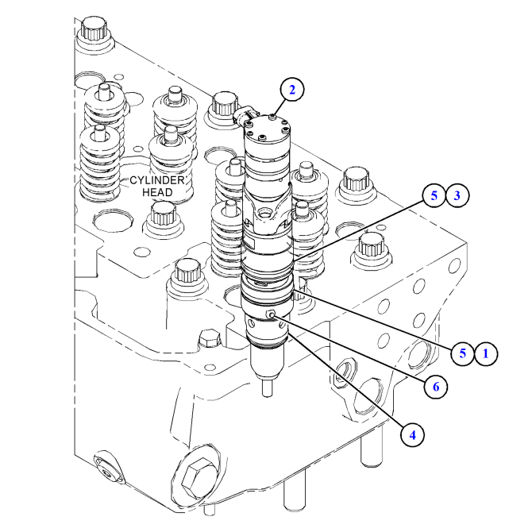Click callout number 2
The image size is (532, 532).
(x=291, y=90)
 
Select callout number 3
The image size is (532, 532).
(x=456, y=196)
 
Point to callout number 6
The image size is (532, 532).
(x=433, y=386)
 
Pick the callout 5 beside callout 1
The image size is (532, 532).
(x=462, y=353)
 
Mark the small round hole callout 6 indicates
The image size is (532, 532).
(x=272, y=315)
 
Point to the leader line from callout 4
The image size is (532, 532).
(x=349, y=385)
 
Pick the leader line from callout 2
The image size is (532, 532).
(x=279, y=106)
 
